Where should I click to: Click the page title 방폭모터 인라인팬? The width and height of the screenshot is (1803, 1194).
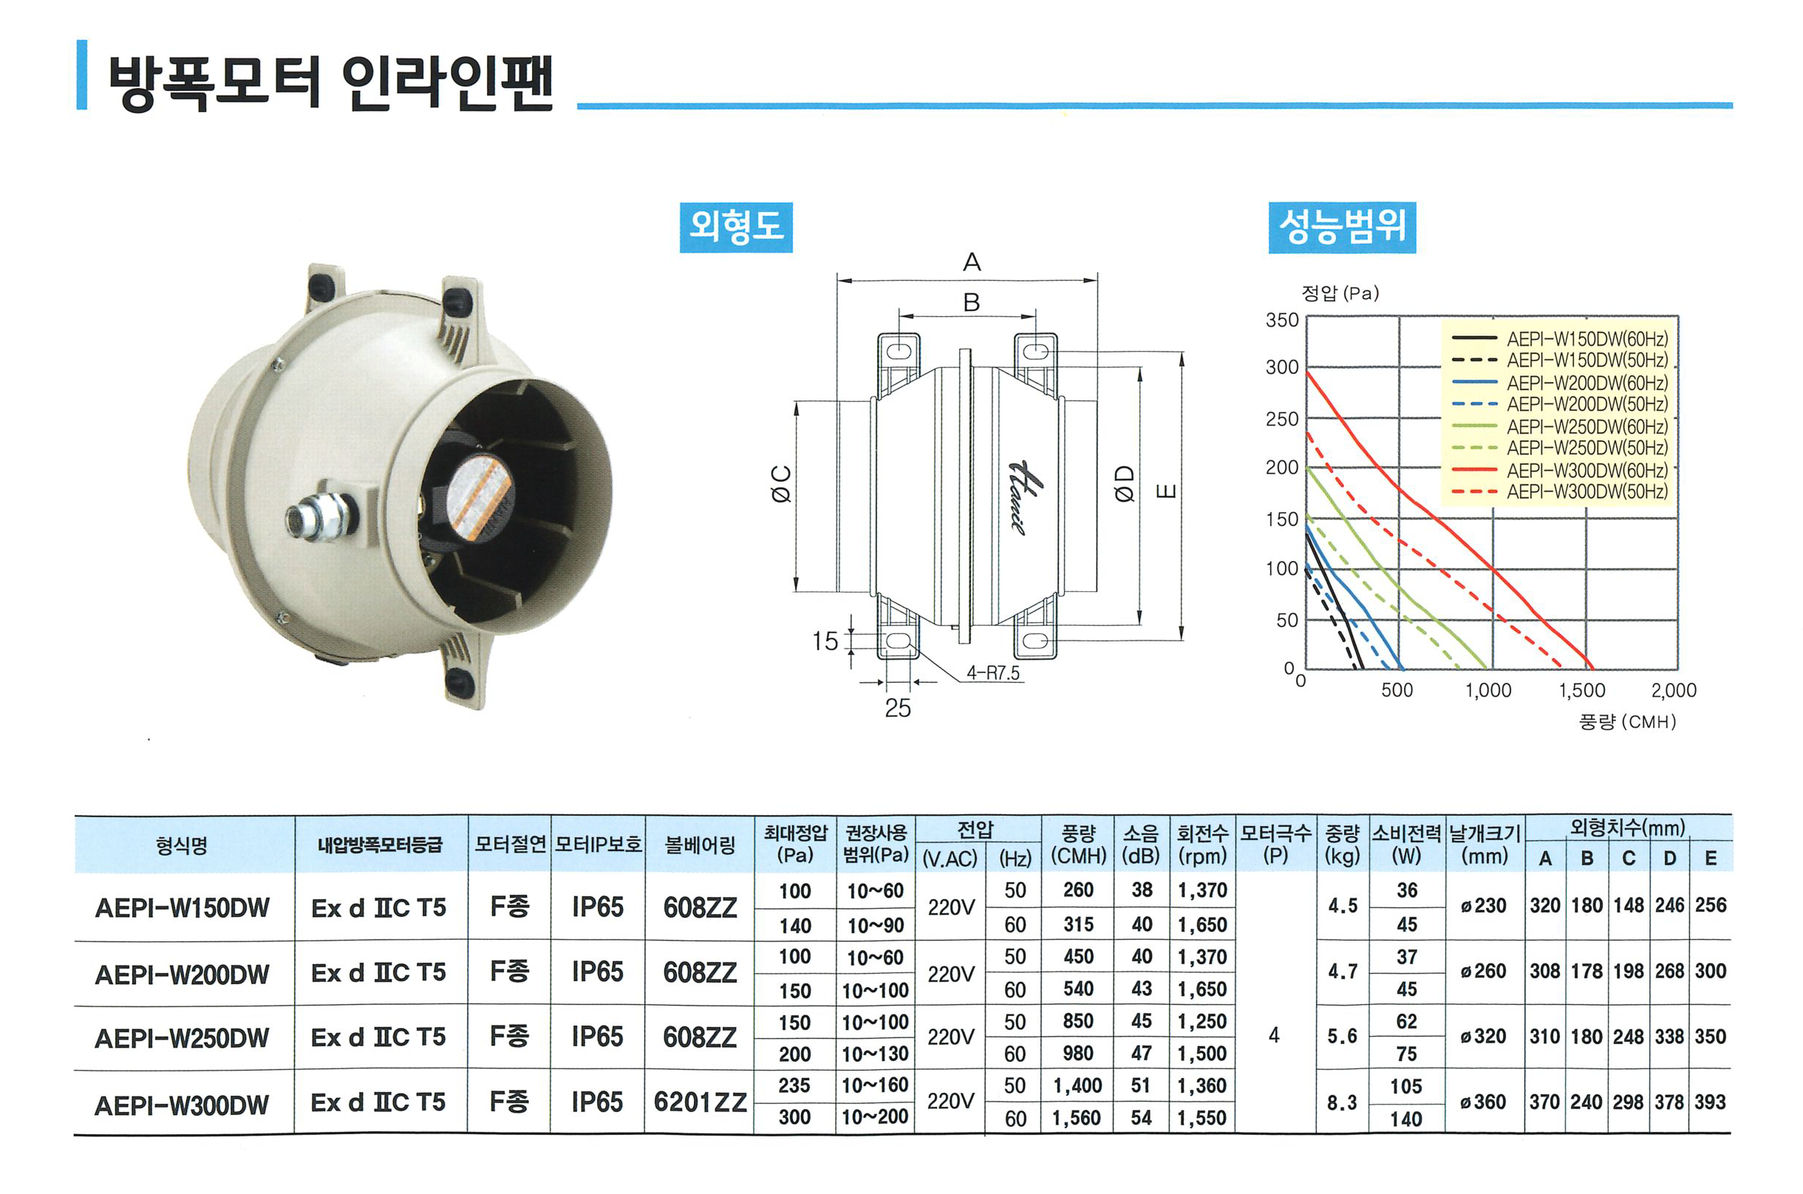(331, 81)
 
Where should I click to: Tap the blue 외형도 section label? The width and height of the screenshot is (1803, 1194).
(735, 227)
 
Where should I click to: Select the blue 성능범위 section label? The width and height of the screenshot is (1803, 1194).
(1342, 227)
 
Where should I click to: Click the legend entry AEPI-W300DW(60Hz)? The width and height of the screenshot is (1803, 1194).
(1586, 470)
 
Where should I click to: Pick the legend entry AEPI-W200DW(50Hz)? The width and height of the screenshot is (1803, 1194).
(1586, 403)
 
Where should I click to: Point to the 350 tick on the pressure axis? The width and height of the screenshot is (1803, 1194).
(1282, 320)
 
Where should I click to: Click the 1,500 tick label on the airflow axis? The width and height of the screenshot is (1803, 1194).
(1581, 690)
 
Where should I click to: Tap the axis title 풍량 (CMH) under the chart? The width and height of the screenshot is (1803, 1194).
(1628, 721)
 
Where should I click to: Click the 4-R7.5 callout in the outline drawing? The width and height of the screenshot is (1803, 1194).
(993, 672)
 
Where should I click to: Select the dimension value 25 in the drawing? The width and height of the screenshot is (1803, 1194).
(898, 708)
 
